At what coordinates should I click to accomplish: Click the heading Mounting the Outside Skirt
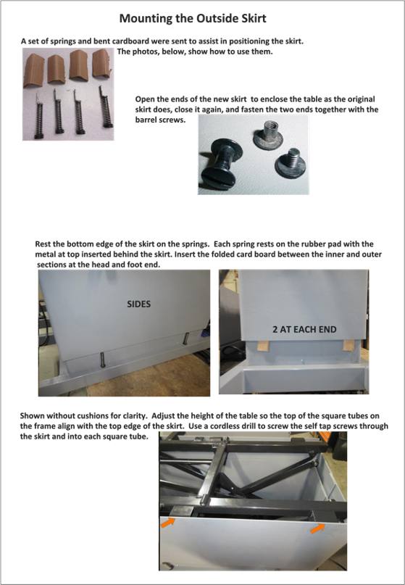pos(193,18)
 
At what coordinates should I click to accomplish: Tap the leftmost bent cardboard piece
pos(34,70)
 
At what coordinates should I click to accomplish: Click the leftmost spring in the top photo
pos(39,117)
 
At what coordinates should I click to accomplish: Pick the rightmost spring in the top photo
pos(106,108)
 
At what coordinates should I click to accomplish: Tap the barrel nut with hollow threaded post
pos(268,134)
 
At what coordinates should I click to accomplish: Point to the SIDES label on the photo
pos(138,304)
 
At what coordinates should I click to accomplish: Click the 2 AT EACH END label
pos(304,329)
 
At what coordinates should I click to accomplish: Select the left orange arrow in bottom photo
pos(168,522)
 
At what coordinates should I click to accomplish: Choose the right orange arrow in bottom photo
pos(317,528)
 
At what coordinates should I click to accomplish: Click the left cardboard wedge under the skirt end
pos(263,345)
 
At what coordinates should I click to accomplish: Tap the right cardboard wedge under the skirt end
pos(348,345)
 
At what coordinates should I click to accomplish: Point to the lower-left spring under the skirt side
pos(103,360)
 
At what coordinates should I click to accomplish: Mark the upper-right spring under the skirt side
pos(185,339)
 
